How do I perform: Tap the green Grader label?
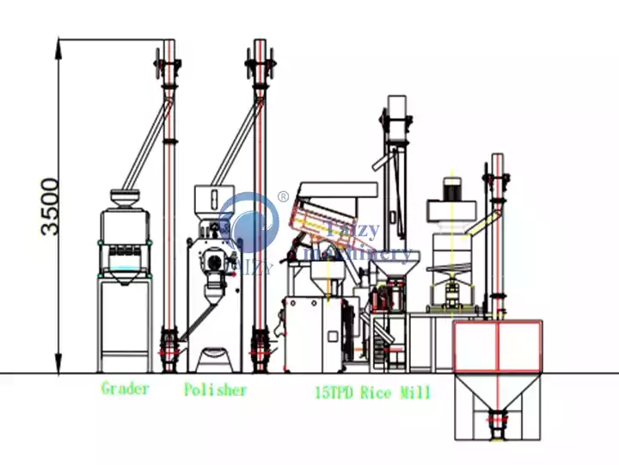click(x=125, y=388)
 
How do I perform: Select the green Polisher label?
click(x=215, y=390)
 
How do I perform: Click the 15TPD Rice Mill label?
click(x=373, y=393)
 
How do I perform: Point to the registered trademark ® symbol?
click(x=282, y=197)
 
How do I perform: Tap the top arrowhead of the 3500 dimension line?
click(x=58, y=43)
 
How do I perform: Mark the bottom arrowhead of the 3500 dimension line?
click(x=58, y=368)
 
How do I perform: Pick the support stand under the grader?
click(x=126, y=319)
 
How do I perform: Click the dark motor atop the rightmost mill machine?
click(x=451, y=189)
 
